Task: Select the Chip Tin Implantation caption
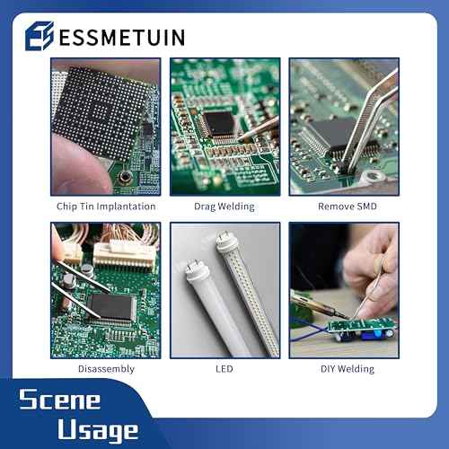click(106, 207)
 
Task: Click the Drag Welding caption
click(224, 207)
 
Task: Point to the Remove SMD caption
click(343, 207)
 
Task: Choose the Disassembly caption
click(106, 368)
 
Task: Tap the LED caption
click(224, 368)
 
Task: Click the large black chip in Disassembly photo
click(111, 307)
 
